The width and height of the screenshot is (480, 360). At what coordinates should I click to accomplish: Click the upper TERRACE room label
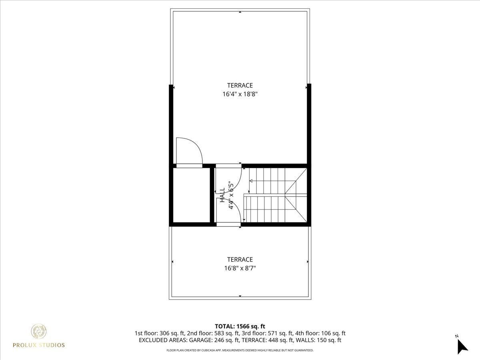coord(240,85)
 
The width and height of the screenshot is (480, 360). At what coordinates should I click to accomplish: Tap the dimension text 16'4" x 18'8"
coord(240,94)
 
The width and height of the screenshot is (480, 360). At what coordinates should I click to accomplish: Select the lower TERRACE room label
coord(240,260)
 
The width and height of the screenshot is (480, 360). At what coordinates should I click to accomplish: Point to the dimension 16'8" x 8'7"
coord(240,268)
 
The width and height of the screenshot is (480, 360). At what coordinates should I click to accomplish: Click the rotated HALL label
coord(222,195)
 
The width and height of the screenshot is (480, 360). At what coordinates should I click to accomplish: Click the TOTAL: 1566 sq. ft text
coord(240,326)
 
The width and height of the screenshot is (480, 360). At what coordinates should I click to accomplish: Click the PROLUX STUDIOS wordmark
coord(39,345)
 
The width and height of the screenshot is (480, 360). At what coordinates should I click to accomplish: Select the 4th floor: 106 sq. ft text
coord(320,333)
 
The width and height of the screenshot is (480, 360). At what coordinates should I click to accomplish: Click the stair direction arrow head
coord(251,181)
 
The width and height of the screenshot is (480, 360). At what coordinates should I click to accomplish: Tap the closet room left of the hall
coord(192,195)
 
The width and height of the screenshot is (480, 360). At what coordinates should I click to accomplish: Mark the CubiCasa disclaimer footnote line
coord(240,350)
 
